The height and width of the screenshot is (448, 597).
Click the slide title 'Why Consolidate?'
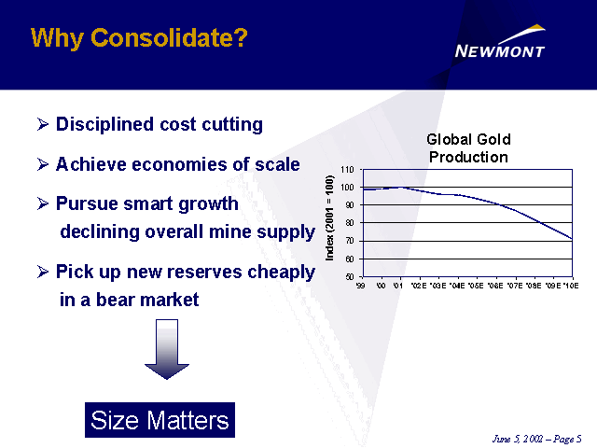139,37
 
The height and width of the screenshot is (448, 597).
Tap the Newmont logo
500,50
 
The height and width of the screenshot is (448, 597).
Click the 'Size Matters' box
160,420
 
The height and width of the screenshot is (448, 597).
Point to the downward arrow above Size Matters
167,350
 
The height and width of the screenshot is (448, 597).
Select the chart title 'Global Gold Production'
468,148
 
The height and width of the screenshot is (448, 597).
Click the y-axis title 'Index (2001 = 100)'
331,223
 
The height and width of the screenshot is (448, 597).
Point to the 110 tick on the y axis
348,170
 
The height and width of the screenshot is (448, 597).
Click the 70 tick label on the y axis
349,241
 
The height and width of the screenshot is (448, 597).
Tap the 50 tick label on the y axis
349,276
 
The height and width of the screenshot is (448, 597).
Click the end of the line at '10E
571,239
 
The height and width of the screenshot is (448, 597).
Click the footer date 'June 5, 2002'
519,439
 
